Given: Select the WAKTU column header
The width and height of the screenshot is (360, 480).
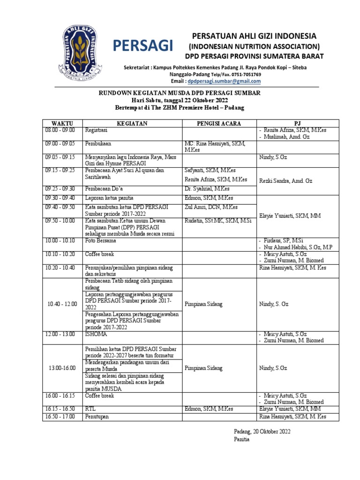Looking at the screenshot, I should [62, 123].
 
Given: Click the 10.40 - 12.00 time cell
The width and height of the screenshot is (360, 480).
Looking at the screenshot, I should [62, 304].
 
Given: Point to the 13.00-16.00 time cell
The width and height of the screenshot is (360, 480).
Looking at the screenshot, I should [62, 368].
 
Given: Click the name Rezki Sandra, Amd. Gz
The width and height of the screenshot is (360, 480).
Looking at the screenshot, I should [286, 180].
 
